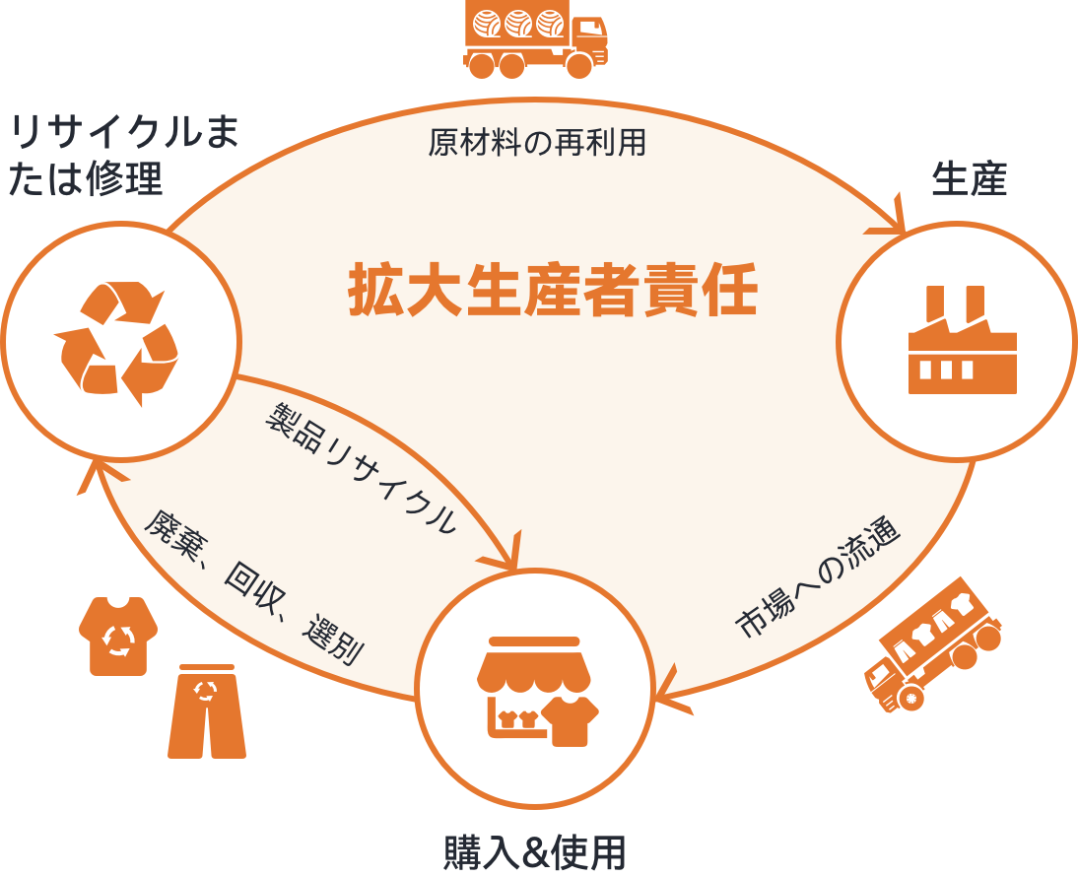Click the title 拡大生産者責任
553,290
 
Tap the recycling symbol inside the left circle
116,343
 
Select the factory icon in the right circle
963,340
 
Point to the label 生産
970,178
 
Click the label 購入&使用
535,853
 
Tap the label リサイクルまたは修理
124,156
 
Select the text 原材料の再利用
537,143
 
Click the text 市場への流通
818,577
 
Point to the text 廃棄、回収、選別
253,587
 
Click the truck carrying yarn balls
536,38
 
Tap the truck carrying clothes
931,644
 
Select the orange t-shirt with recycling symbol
118,636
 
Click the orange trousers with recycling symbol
206,711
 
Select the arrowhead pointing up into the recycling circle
97,474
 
